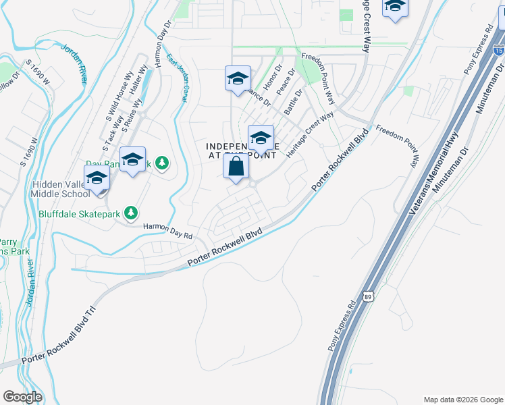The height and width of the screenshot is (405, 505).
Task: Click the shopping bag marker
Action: (x=236, y=167)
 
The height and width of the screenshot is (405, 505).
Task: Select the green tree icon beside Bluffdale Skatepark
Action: (x=131, y=213)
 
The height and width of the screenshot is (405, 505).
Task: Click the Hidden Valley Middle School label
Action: (x=60, y=189)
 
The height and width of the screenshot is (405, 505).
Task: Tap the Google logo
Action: (x=22, y=397)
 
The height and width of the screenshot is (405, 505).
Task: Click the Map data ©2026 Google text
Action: (x=462, y=400)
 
